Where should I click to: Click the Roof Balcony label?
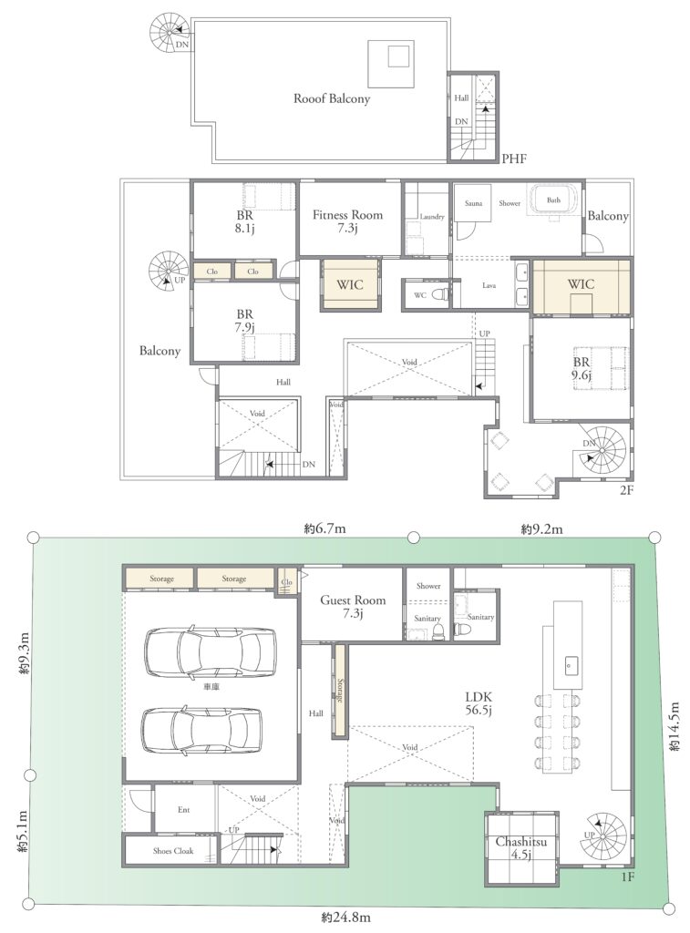click(332, 98)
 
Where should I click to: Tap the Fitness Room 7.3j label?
click(347, 220)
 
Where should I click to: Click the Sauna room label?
click(473, 203)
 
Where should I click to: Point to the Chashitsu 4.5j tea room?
click(521, 848)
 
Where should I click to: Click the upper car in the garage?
click(211, 651)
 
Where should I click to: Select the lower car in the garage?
click(201, 731)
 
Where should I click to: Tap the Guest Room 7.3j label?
click(353, 606)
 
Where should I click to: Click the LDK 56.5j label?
click(479, 702)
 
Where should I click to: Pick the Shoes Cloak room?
click(172, 850)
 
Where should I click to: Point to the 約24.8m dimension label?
click(345, 918)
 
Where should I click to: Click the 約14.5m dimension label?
click(675, 726)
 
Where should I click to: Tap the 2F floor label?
click(626, 490)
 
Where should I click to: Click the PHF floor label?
click(514, 159)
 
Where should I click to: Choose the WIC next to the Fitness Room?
click(350, 284)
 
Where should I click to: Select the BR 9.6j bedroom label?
click(582, 368)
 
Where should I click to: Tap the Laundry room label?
click(432, 217)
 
